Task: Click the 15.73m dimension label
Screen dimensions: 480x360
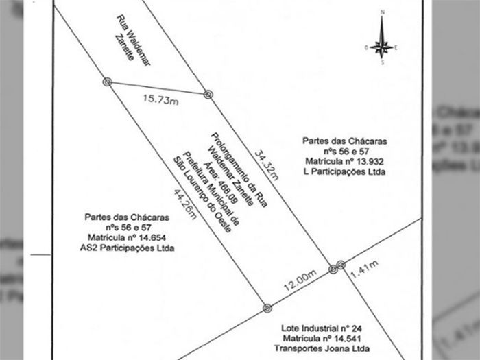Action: tap(161, 99)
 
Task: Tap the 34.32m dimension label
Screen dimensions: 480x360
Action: tap(267, 165)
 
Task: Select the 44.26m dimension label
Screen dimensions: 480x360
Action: tap(185, 204)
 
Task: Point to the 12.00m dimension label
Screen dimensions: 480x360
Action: tap(300, 280)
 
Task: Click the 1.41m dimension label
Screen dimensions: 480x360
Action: tap(364, 269)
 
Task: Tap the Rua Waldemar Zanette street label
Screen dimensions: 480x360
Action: tap(133, 40)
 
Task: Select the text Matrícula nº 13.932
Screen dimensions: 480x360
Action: tap(344, 161)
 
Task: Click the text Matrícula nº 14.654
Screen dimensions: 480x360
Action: tap(127, 237)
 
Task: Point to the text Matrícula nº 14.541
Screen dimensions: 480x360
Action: tap(322, 339)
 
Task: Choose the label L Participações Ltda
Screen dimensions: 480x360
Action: tap(344, 171)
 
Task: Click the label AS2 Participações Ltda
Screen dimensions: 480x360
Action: tap(127, 248)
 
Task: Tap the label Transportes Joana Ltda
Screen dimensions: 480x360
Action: tap(322, 348)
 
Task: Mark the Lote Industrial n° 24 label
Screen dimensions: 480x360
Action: tap(322, 328)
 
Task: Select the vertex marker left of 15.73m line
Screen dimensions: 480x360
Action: tap(107, 82)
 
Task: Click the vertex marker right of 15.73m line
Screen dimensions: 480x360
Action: tap(208, 95)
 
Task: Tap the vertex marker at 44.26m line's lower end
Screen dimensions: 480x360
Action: tap(267, 308)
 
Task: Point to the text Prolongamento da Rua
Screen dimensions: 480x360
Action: tap(239, 170)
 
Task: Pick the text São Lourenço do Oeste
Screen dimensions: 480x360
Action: tap(202, 195)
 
